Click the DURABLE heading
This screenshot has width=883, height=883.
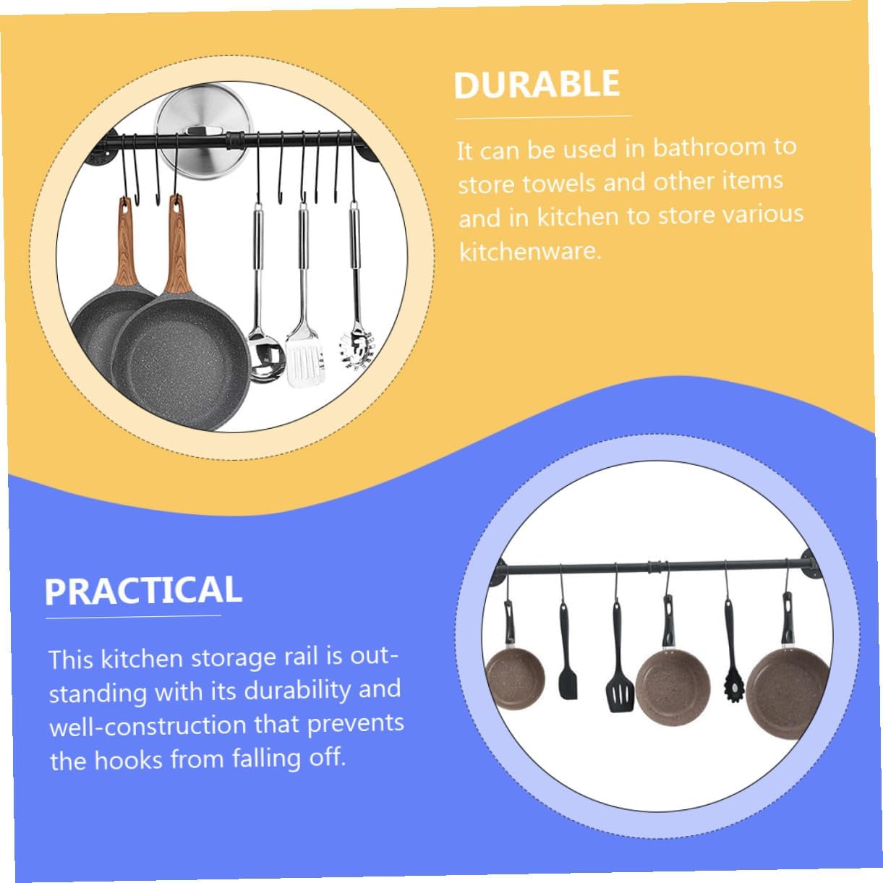537,85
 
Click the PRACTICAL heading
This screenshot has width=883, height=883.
143,590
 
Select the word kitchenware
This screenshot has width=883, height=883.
529,251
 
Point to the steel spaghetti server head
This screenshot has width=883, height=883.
356,349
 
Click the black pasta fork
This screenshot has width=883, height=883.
733,686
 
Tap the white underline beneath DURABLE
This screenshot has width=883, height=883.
542,117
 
